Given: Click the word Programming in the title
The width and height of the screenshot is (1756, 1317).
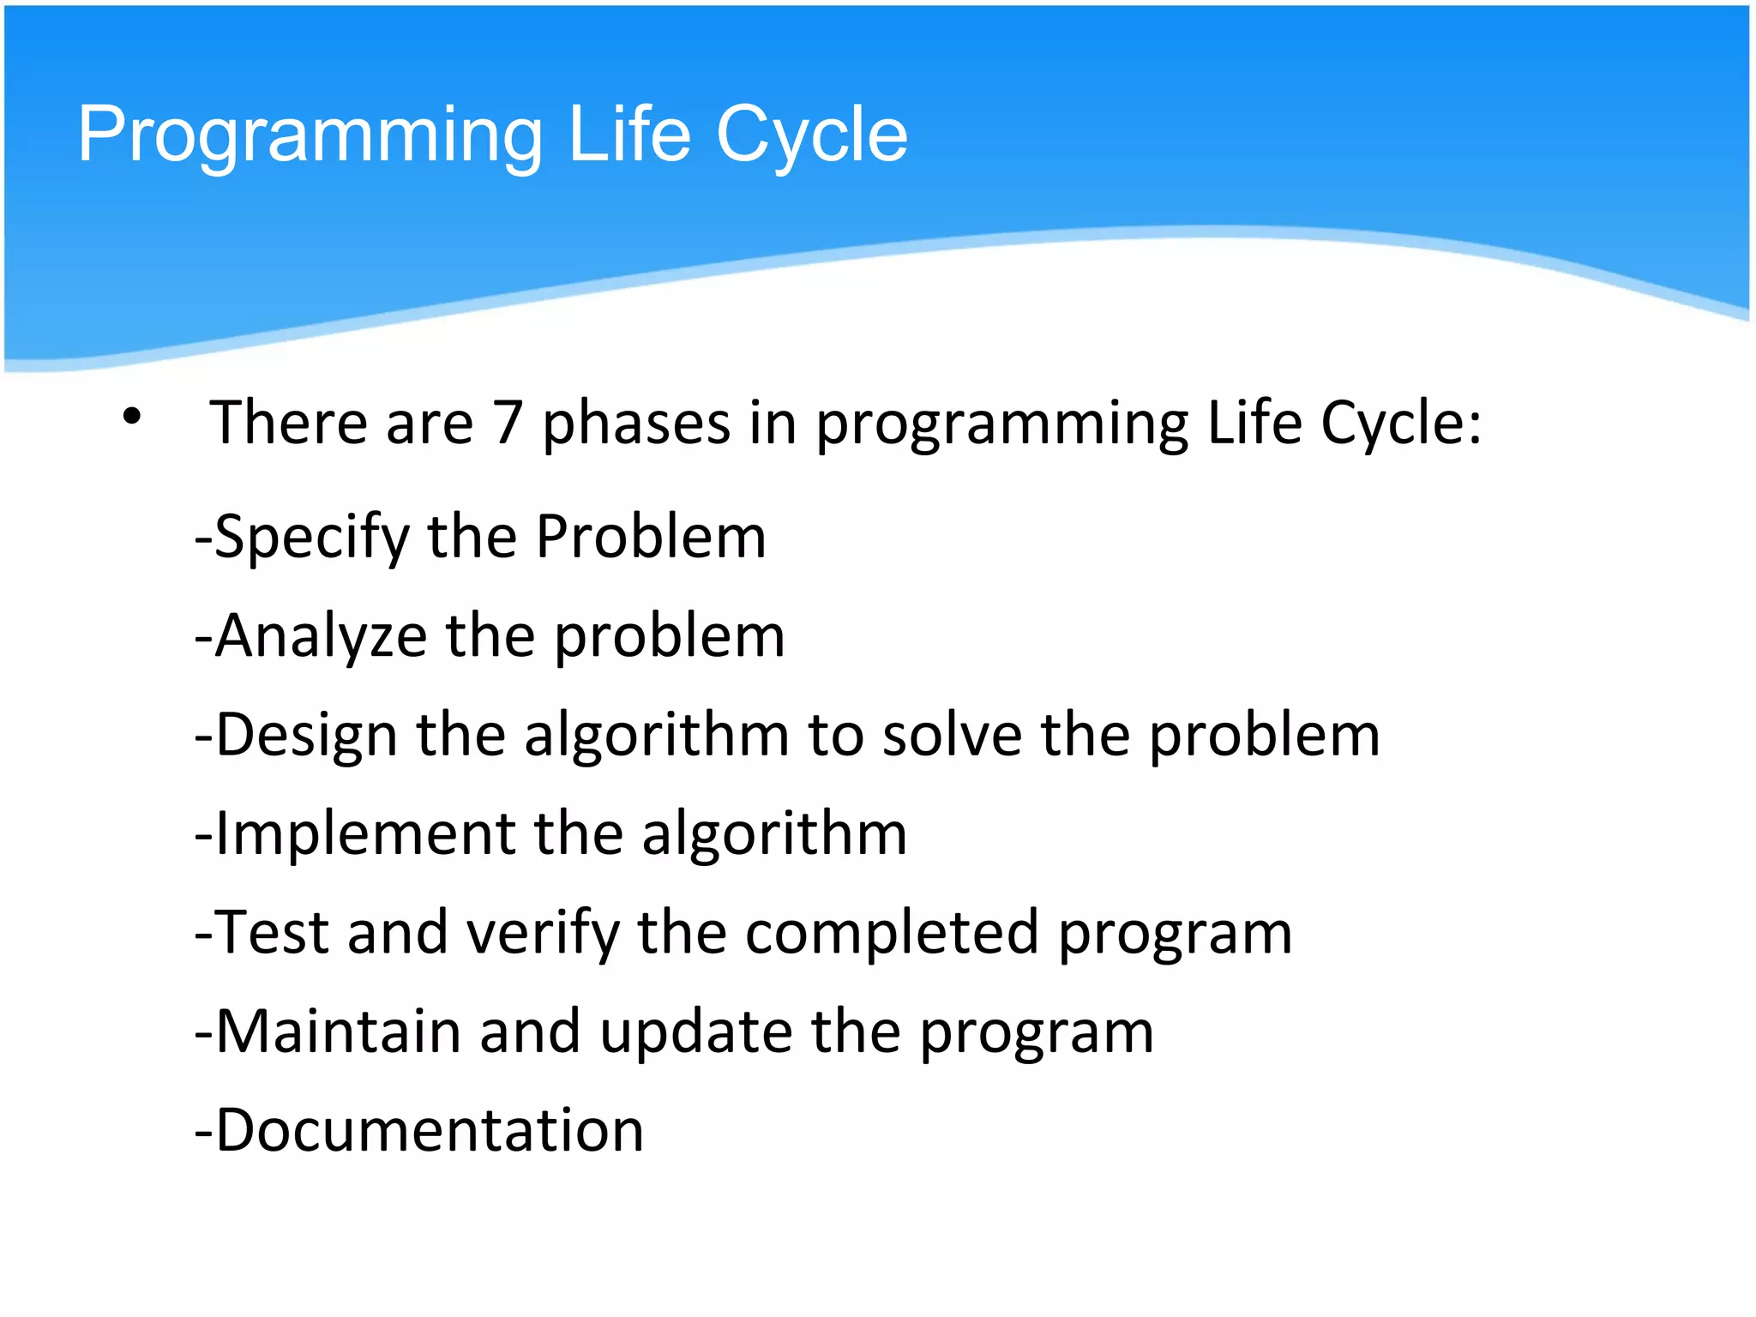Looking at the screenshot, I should [310, 135].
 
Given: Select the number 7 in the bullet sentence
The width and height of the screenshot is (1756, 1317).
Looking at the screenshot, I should [508, 423].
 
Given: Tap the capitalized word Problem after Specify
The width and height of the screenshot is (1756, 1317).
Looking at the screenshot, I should [651, 538].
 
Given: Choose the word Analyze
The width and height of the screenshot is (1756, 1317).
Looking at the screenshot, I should [321, 637].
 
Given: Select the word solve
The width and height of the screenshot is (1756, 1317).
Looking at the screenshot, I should [953, 736].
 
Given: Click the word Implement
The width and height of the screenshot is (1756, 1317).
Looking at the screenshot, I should [365, 834].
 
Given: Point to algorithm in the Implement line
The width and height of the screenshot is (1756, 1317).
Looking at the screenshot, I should [774, 834].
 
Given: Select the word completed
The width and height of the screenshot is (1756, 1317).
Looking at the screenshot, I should [893, 933].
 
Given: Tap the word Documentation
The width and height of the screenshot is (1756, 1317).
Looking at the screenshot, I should [429, 1130].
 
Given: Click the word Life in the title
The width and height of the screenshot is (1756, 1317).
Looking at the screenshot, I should [629, 135].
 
